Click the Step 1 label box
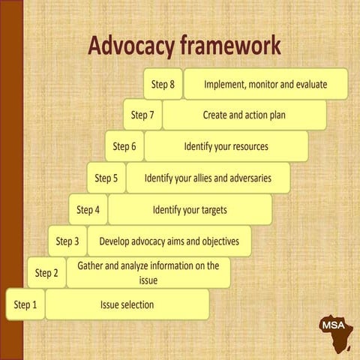pyautogui.click(x=25, y=304)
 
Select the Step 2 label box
pyautogui.click(x=46, y=273)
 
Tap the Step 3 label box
pyautogui.click(x=67, y=241)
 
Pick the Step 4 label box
pyautogui.click(x=88, y=210)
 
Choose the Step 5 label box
pyautogui.click(x=106, y=178)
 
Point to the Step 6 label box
pyautogui.click(x=124, y=146)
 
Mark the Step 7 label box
pyautogui.click(x=142, y=115)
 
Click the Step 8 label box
pyautogui.click(x=163, y=84)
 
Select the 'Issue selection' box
pyautogui.click(x=127, y=304)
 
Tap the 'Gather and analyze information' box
pyautogui.click(x=148, y=273)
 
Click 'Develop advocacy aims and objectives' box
pyautogui.click(x=169, y=241)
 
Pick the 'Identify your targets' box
pyautogui.click(x=190, y=210)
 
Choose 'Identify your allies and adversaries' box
pyautogui.click(x=208, y=178)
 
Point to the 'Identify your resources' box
pyautogui.click(x=226, y=146)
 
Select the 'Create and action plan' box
pyautogui.click(x=244, y=115)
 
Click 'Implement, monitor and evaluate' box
pyautogui.click(x=265, y=84)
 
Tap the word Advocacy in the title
pyautogui.click(x=132, y=46)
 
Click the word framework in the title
pyautogui.click(x=231, y=45)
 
